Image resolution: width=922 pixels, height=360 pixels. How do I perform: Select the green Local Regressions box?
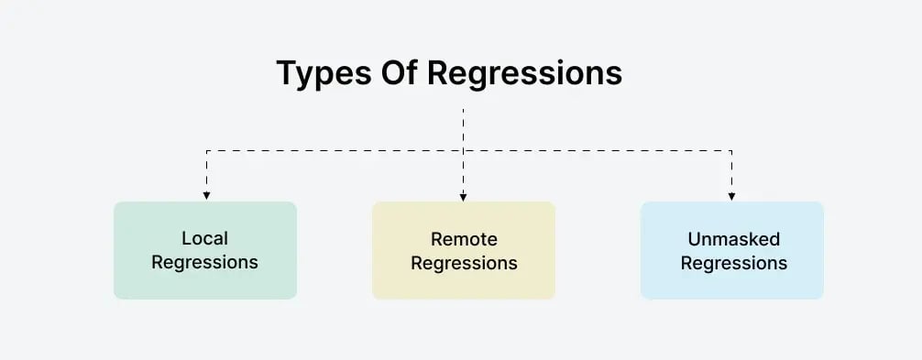pos(205,250)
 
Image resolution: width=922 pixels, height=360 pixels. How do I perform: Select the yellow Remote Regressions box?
pos(464,250)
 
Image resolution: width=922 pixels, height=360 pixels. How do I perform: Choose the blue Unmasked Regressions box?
pos(732,250)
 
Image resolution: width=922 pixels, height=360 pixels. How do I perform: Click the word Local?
pos(205,239)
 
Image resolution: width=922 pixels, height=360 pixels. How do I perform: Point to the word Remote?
pos(464,240)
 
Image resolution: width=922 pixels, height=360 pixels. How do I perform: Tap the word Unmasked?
pos(733,240)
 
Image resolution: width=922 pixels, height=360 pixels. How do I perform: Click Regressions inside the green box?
pos(205,263)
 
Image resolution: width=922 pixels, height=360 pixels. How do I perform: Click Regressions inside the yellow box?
pos(464,264)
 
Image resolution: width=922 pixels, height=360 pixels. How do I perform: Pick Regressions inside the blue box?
pos(733,264)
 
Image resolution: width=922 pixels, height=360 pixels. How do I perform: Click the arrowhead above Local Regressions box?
pos(207,195)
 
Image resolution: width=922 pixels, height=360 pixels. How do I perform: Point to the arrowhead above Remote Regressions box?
pos(464,195)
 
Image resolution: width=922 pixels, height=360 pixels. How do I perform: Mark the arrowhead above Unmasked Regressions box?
pos(732,195)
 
